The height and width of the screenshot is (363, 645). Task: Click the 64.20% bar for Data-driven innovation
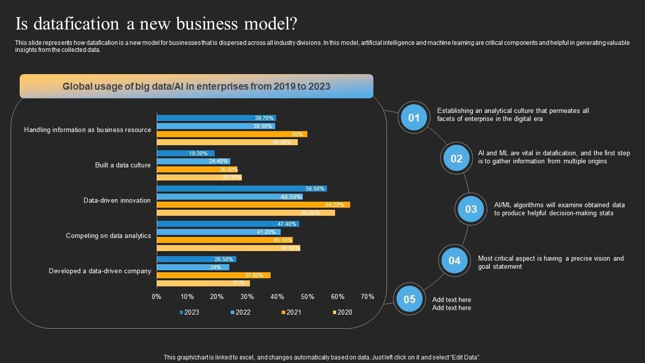click(253, 205)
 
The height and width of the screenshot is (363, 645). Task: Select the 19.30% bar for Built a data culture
click(185, 153)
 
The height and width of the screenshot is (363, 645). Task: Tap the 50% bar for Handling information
click(232, 134)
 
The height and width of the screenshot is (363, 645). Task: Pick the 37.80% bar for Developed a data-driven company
click(214, 275)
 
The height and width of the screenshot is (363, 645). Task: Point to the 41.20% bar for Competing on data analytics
click(219, 232)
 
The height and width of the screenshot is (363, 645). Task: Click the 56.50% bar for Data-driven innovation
click(242, 189)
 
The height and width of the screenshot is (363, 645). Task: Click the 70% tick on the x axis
click(368, 296)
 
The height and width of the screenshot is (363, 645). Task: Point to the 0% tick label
click(157, 296)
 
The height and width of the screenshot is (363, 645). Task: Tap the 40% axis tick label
click(277, 296)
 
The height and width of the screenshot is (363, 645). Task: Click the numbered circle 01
click(414, 118)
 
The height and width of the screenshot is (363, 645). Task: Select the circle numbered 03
click(471, 209)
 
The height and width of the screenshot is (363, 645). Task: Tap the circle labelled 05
click(409, 299)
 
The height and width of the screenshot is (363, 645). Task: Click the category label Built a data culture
click(123, 165)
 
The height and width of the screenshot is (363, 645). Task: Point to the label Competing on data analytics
click(108, 235)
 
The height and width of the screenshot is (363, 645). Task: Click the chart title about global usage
click(197, 86)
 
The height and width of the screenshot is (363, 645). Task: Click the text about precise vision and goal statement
click(551, 262)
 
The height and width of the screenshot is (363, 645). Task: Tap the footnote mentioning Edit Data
click(322, 357)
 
